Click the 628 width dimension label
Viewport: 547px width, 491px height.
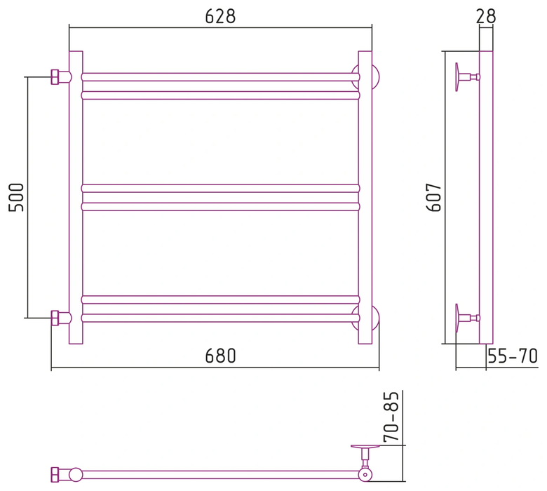220,16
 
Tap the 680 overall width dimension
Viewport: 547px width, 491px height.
220,356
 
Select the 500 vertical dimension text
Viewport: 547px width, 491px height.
16,197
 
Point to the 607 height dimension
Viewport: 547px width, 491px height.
433,197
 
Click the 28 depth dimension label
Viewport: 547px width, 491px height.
485,16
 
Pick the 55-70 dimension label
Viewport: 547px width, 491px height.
513,356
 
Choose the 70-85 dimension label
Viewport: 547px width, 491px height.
391,417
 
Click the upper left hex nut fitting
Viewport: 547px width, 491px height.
55,76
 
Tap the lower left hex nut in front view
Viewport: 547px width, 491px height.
55,318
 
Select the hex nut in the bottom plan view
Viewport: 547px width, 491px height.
55,475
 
